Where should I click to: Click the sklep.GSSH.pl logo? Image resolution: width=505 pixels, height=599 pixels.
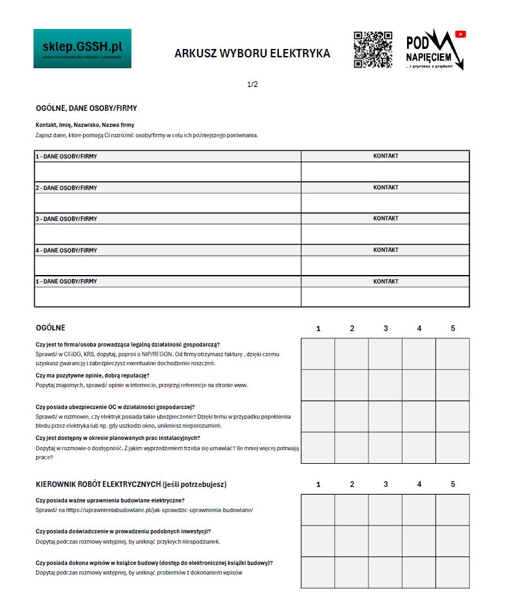click(x=82, y=48)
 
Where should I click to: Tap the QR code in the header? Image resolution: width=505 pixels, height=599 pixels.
click(x=373, y=50)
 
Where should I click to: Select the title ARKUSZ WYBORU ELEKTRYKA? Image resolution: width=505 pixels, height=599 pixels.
click(x=252, y=53)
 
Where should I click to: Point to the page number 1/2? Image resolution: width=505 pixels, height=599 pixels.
click(x=252, y=84)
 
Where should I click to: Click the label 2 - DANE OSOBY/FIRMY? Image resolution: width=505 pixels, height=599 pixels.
click(x=66, y=188)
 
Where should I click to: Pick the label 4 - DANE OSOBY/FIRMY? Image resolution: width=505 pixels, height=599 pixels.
click(x=66, y=251)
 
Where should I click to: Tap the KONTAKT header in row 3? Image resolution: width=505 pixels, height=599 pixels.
click(x=385, y=218)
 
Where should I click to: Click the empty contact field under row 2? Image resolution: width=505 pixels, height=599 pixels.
click(x=385, y=203)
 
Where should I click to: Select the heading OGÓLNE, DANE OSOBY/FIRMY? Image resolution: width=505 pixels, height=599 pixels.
click(x=86, y=109)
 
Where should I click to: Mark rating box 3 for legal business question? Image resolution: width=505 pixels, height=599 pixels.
click(x=385, y=354)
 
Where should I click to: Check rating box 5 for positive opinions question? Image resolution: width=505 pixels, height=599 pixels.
click(x=452, y=385)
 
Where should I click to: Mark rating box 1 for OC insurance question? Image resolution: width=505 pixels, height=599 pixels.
click(x=318, y=416)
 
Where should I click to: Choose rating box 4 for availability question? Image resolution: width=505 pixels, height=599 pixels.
click(x=419, y=448)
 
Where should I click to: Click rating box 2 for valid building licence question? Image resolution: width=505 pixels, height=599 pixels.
click(x=351, y=509)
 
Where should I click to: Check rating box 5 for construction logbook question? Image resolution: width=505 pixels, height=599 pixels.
click(x=452, y=572)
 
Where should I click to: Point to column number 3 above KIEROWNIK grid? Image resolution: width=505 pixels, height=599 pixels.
click(x=385, y=484)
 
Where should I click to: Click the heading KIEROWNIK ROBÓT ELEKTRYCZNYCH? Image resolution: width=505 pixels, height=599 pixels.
click(x=131, y=484)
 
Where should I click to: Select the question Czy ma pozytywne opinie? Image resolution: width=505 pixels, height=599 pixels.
click(x=93, y=376)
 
